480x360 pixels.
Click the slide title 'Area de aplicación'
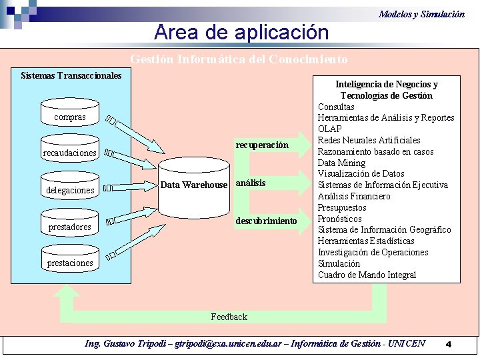(241, 32)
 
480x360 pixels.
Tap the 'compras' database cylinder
(69, 114)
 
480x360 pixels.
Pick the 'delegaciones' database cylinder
(69, 188)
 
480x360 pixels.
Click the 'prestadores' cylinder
(69, 225)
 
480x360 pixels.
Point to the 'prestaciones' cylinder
(69, 261)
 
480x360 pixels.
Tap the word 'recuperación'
(262, 145)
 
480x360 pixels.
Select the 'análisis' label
(251, 183)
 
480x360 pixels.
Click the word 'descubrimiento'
(266, 221)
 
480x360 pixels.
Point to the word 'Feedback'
(229, 317)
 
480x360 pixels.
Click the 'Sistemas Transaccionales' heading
(71, 75)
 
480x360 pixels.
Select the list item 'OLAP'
(329, 129)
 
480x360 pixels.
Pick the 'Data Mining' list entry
(341, 163)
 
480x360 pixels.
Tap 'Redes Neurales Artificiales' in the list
(369, 140)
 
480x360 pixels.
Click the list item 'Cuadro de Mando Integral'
(367, 275)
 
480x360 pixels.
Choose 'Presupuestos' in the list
(342, 207)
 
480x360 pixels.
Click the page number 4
(449, 344)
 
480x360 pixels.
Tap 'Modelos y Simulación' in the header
(421, 13)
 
